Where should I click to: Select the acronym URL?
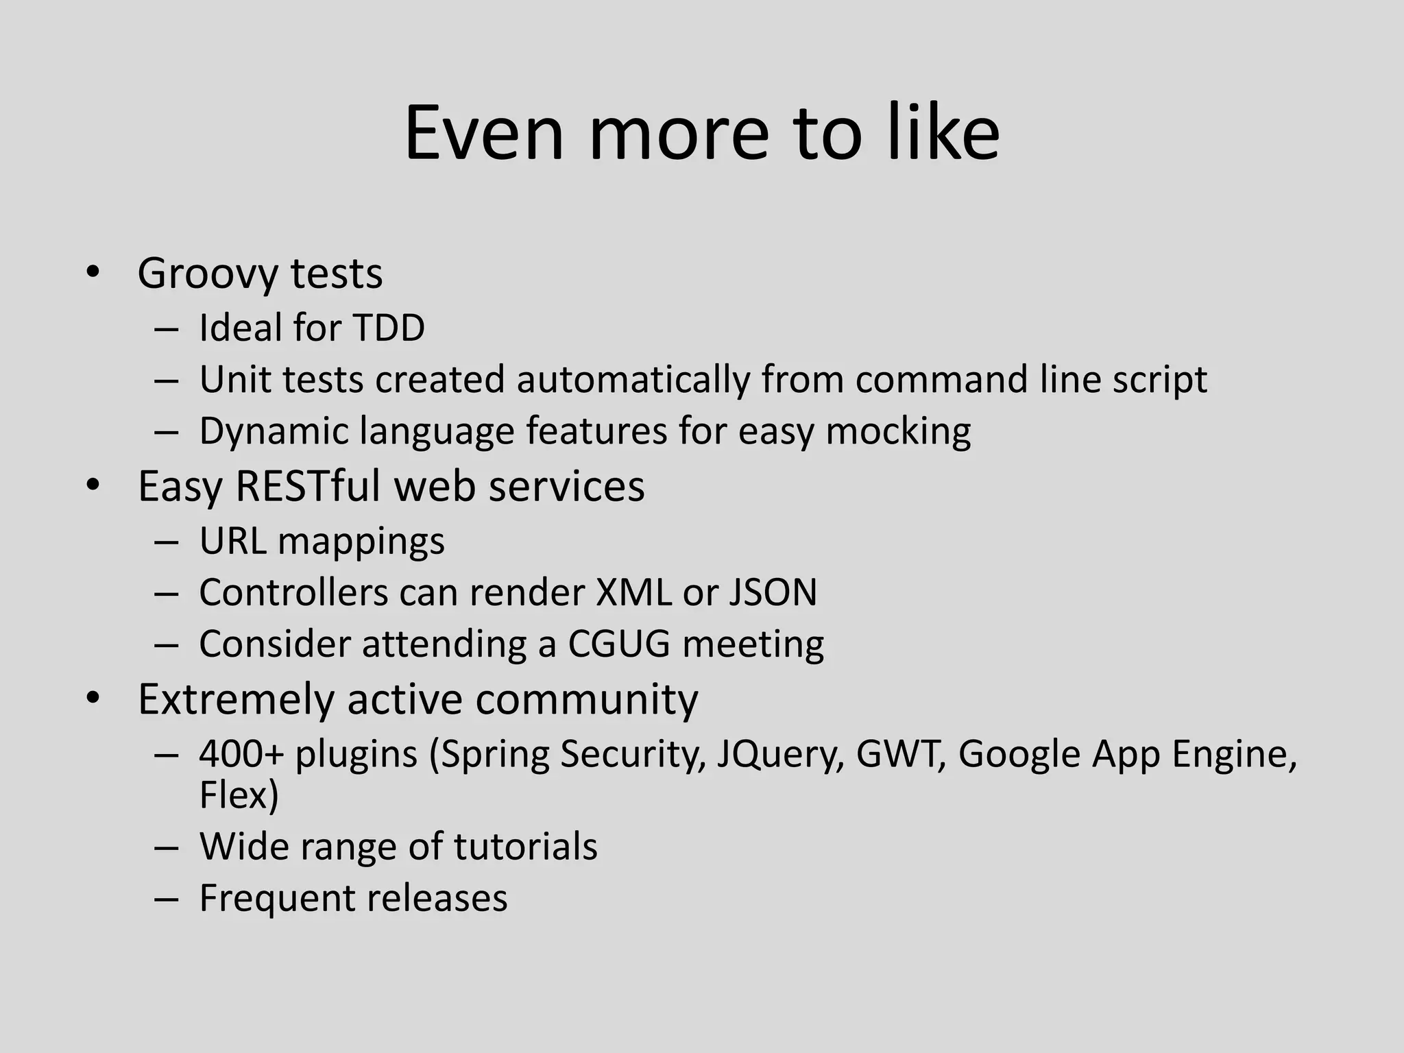pyautogui.click(x=232, y=541)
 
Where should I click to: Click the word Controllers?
pyautogui.click(x=293, y=592)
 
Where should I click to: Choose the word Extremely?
pyautogui.click(x=236, y=699)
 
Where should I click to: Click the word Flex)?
pyautogui.click(x=239, y=795)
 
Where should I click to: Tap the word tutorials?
pyautogui.click(x=525, y=847)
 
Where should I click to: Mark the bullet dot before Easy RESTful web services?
pyautogui.click(x=93, y=486)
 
